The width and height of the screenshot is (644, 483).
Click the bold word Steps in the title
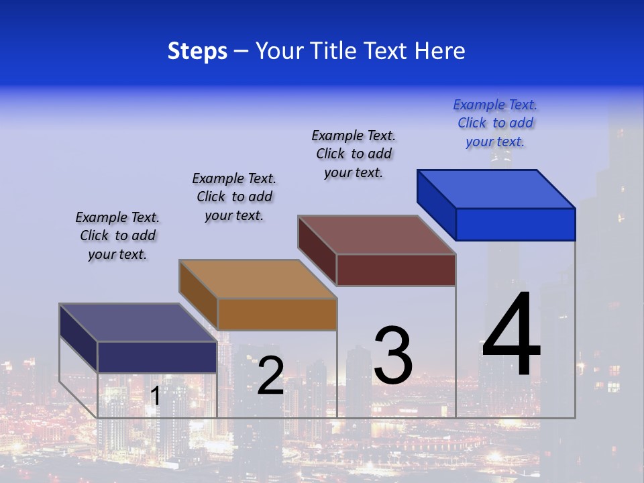197,51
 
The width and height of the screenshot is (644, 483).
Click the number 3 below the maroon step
393,356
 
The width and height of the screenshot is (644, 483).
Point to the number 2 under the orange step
270,376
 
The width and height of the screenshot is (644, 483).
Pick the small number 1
155,396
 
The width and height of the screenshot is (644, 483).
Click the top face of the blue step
496,189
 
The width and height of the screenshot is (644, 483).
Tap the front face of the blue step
515,224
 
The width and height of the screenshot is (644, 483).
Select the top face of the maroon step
376,234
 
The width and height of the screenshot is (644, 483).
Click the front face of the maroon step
396,270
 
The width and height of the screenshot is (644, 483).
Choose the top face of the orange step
258,278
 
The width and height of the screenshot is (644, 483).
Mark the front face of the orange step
277,314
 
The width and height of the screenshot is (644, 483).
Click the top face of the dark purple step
138,323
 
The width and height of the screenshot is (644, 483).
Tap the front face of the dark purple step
157,357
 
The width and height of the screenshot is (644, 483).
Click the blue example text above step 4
495,123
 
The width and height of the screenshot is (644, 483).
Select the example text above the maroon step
354,154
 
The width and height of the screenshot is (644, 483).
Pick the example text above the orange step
234,197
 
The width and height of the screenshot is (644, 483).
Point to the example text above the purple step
117,235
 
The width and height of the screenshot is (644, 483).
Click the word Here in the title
440,51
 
